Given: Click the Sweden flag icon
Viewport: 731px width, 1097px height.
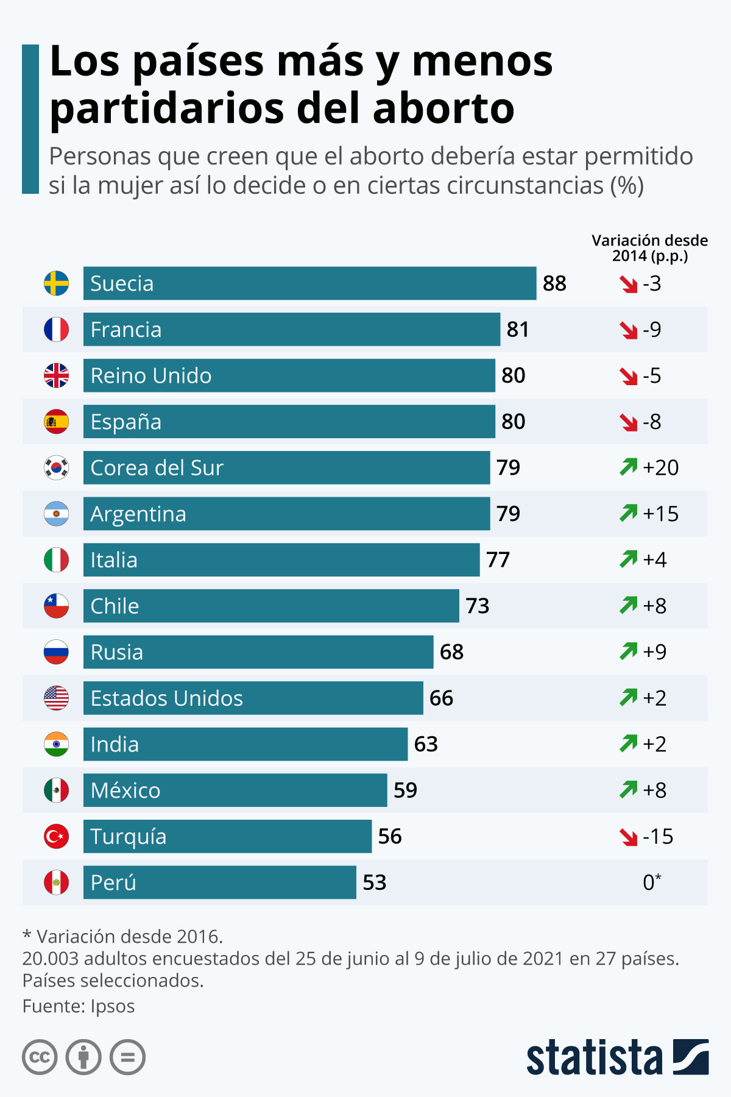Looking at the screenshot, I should (56, 283).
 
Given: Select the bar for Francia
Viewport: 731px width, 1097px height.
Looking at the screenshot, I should (291, 330).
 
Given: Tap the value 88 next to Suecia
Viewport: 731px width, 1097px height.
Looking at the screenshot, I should (554, 283).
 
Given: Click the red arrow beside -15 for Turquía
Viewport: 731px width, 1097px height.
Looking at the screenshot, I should (628, 837).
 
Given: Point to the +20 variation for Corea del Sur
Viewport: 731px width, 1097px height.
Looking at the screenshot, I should (660, 467).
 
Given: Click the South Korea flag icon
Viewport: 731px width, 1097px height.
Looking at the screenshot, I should (56, 467).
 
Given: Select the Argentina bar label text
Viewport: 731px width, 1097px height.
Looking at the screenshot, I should (138, 514).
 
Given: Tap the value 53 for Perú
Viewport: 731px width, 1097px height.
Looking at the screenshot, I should (374, 882).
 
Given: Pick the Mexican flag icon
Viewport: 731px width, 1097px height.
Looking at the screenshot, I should (56, 790).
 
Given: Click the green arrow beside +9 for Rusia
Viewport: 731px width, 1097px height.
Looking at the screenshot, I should (628, 651).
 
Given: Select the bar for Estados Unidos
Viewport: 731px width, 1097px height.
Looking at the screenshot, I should (253, 698).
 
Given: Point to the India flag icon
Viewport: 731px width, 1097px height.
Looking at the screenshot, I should (56, 744).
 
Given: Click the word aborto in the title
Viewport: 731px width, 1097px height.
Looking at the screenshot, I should (443, 109).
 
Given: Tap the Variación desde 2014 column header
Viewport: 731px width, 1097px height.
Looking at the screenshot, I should (649, 248).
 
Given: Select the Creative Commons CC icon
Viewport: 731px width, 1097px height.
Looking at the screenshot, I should (40, 1057).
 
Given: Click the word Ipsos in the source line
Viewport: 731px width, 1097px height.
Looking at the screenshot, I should (113, 1006).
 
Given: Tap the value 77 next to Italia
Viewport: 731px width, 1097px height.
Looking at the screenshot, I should (498, 559).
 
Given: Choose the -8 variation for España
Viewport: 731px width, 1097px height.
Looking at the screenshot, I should (651, 422).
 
